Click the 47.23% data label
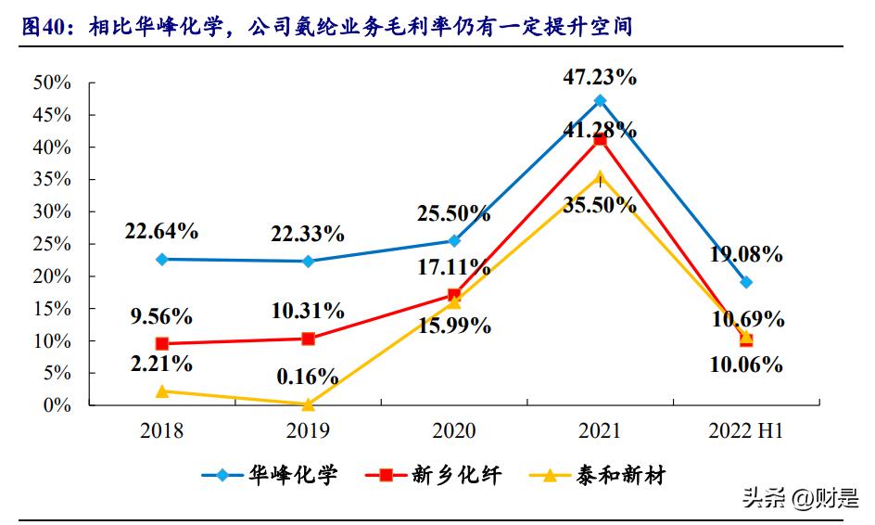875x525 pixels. pos(600,78)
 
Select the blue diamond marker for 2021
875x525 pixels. pos(600,100)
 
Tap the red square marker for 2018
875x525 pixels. pos(162,344)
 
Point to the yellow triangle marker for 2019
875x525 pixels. pos(308,404)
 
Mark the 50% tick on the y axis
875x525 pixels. pos(52,83)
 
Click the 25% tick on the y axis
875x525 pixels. pos(52,244)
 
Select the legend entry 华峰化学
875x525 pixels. pos(269,476)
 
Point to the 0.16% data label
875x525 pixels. pos(308,378)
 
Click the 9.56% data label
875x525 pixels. pos(162,316)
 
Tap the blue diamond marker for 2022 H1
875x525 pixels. pos(746,282)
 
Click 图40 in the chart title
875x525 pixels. pos(45,27)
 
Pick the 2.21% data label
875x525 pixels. pos(162,363)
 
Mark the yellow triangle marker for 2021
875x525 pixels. pos(600,176)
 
